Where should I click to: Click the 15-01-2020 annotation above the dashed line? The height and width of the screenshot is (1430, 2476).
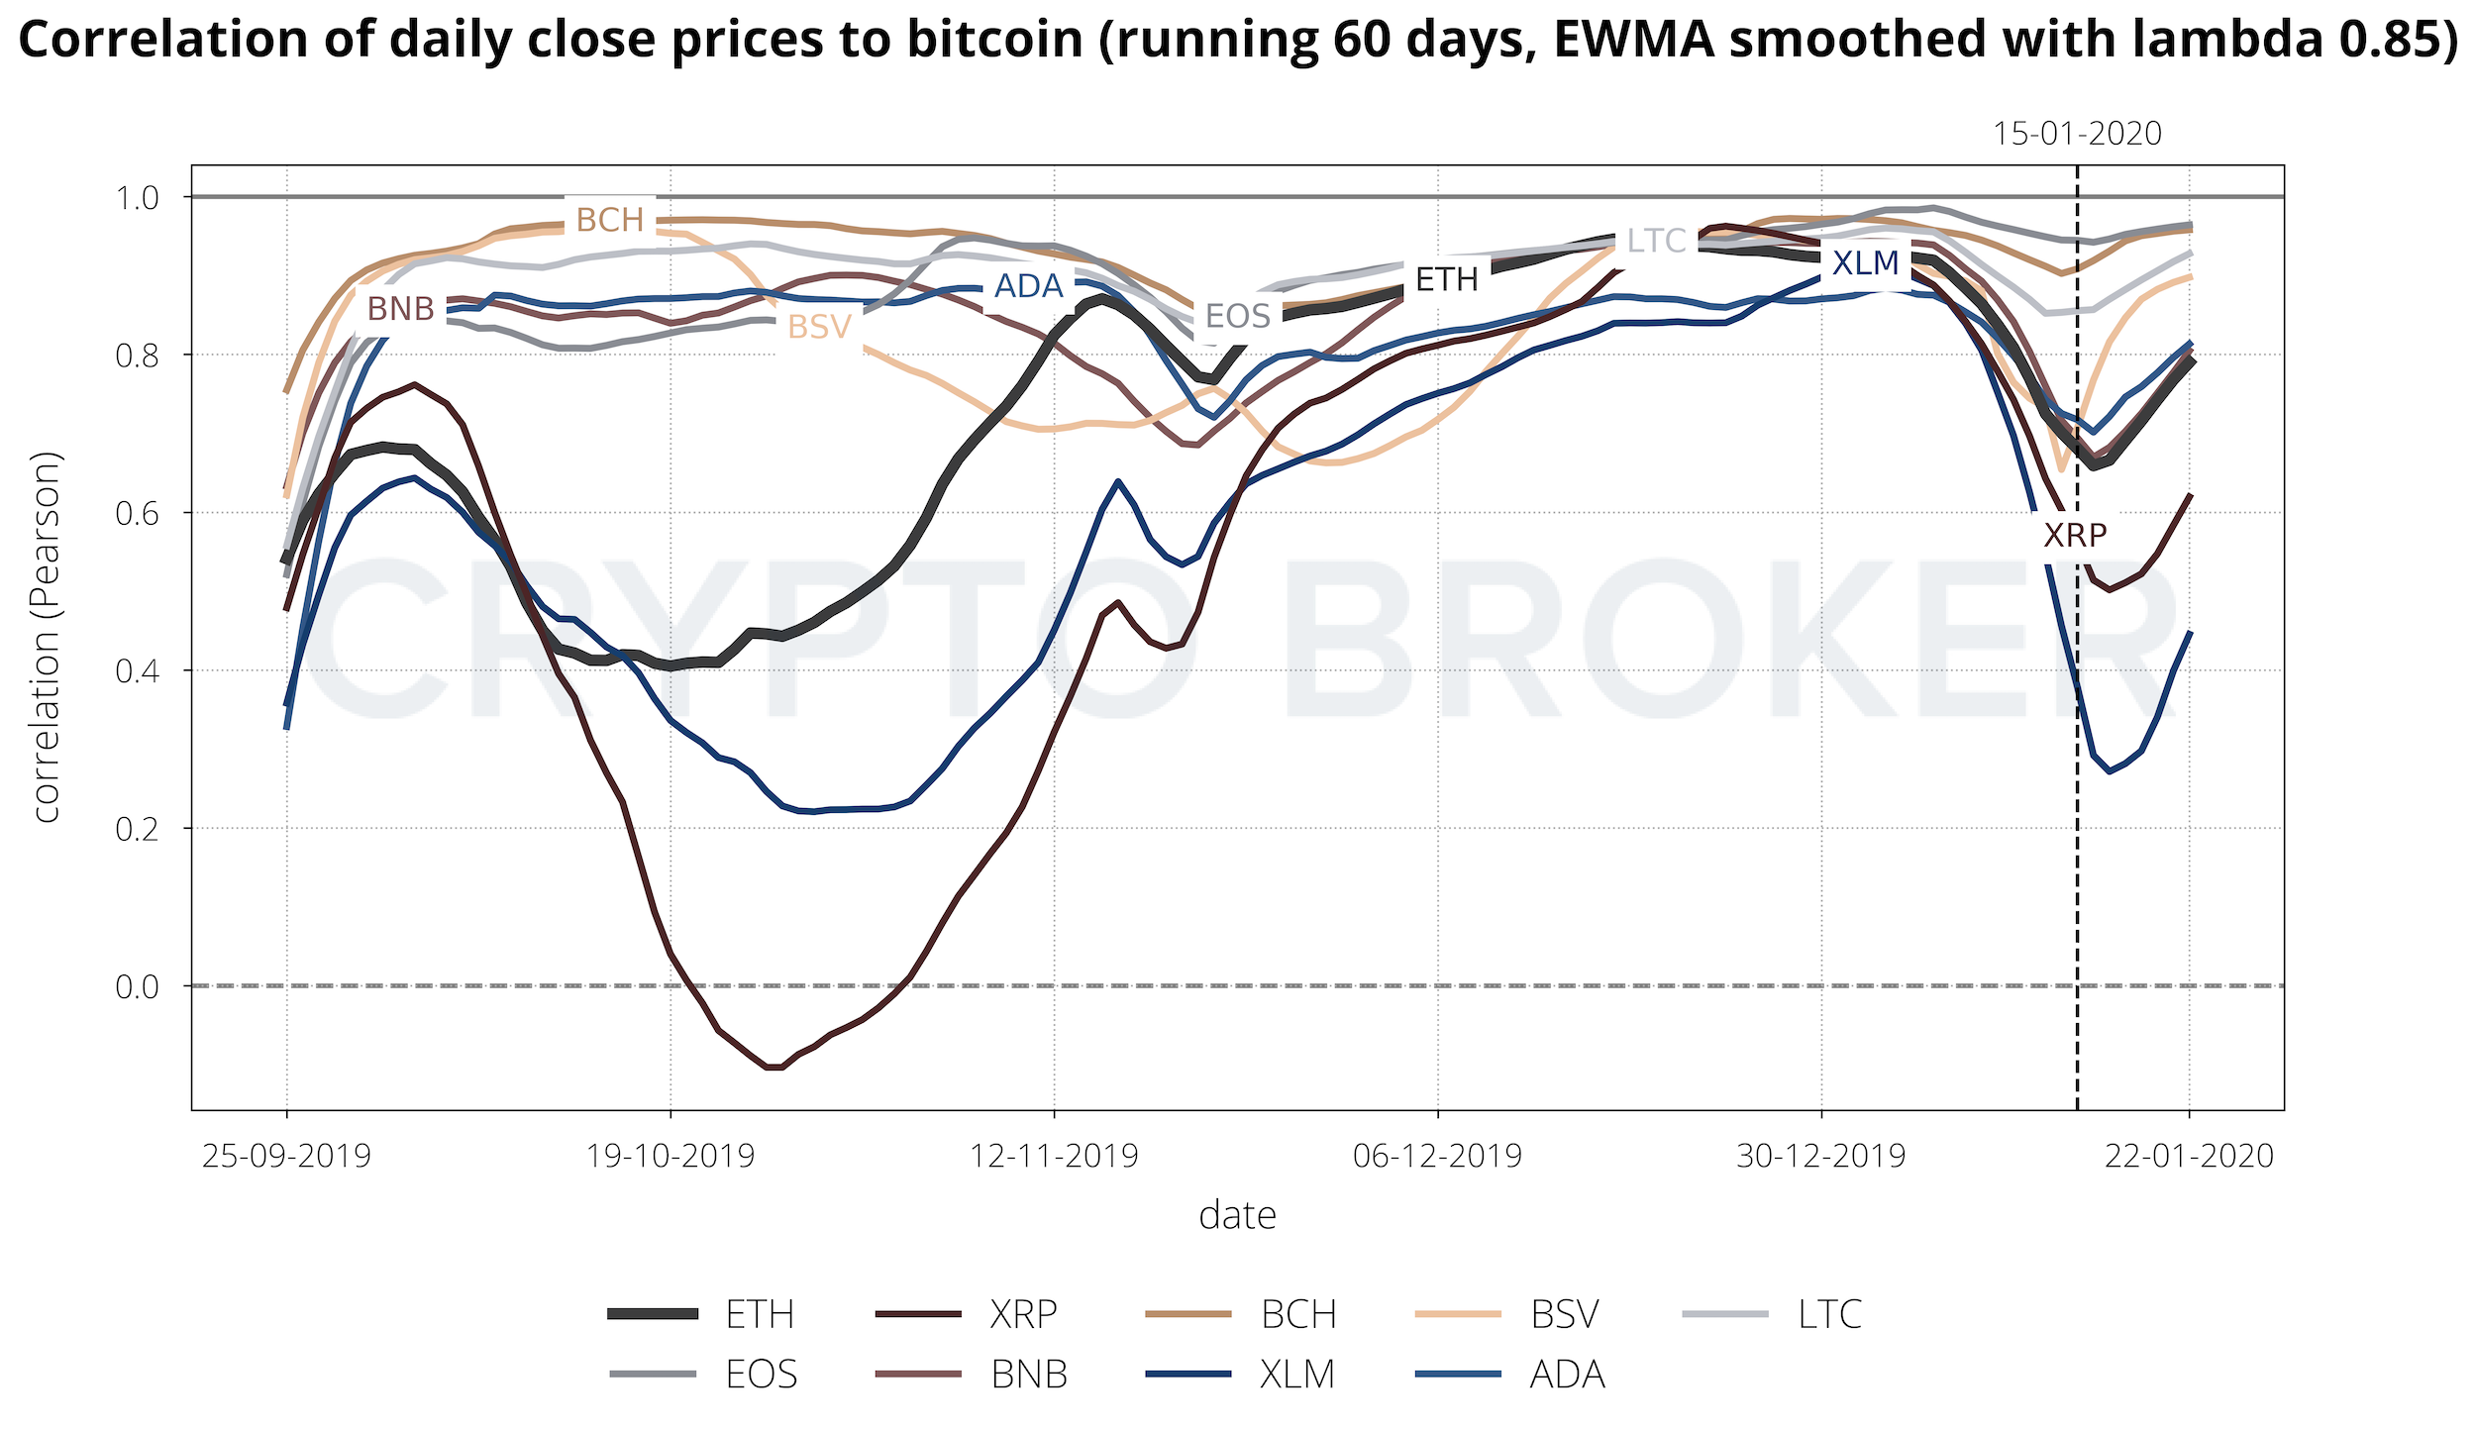(x=2077, y=134)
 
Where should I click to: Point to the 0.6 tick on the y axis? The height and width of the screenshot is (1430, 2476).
(x=137, y=513)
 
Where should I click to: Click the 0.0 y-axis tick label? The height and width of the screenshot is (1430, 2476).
(x=137, y=986)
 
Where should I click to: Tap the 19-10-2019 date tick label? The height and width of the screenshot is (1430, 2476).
(x=671, y=1156)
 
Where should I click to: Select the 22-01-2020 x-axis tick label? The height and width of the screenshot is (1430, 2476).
(x=2189, y=1156)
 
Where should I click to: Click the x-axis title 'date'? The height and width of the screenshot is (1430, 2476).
(x=1237, y=1215)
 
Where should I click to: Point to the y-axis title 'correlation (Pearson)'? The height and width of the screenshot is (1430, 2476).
(x=47, y=637)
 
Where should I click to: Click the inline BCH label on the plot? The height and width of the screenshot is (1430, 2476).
(x=610, y=220)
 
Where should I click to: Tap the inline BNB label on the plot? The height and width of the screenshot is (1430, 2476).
(x=401, y=309)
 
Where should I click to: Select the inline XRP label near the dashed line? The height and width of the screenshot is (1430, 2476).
(x=2075, y=536)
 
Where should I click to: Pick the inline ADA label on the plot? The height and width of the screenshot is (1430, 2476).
(x=1028, y=286)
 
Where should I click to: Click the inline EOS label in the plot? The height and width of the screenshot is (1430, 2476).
(x=1237, y=316)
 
